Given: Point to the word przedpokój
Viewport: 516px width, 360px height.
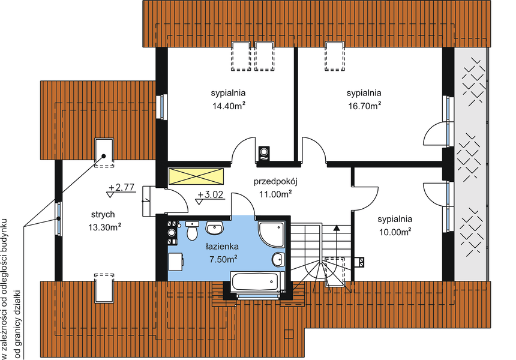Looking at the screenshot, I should point(276,182).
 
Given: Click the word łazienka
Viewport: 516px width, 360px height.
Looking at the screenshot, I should point(223,247).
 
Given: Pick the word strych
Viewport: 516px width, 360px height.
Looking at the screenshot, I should point(103,214).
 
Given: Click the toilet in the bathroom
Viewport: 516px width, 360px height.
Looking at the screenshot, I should point(192,231).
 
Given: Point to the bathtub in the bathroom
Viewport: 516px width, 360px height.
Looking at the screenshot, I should point(255,282).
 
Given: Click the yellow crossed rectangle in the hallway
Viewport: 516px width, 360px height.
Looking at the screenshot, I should point(196,176).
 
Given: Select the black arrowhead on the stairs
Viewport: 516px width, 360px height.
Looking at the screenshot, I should point(337,228).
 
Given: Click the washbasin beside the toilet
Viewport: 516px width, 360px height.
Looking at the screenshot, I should point(215,228).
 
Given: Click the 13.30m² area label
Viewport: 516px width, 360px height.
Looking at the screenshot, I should point(105,227).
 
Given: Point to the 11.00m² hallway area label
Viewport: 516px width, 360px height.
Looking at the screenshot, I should point(275,194).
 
